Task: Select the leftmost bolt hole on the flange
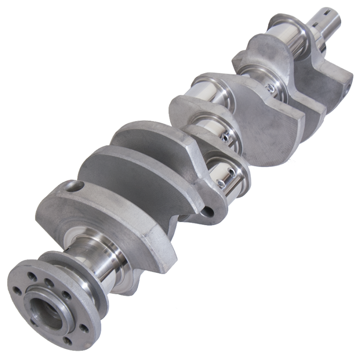(17, 291)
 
